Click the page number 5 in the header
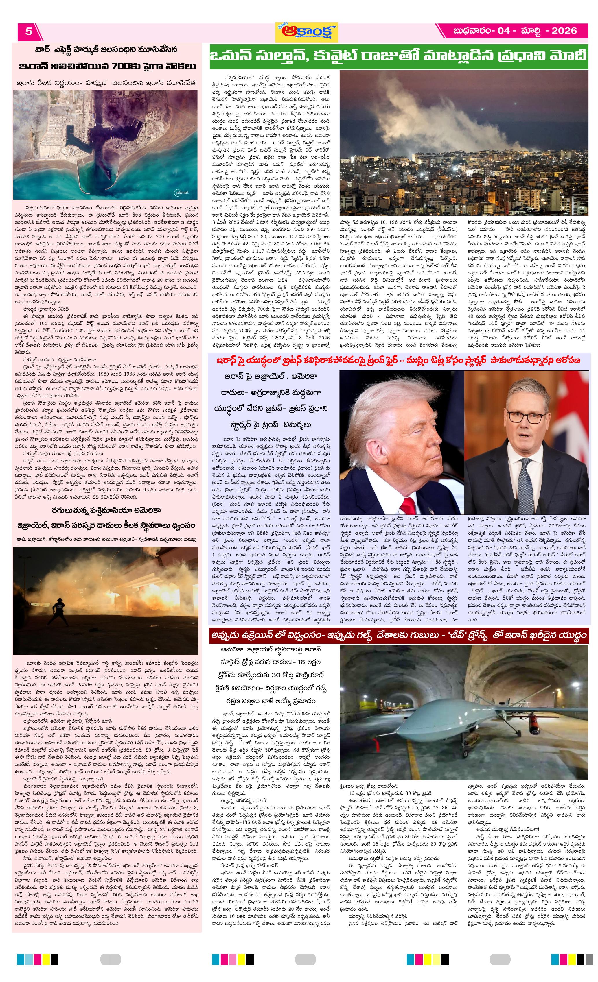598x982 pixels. pos(29,31)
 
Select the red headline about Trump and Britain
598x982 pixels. pos(398,361)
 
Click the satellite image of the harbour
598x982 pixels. pos(106,144)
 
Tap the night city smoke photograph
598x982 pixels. pos(464,143)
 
